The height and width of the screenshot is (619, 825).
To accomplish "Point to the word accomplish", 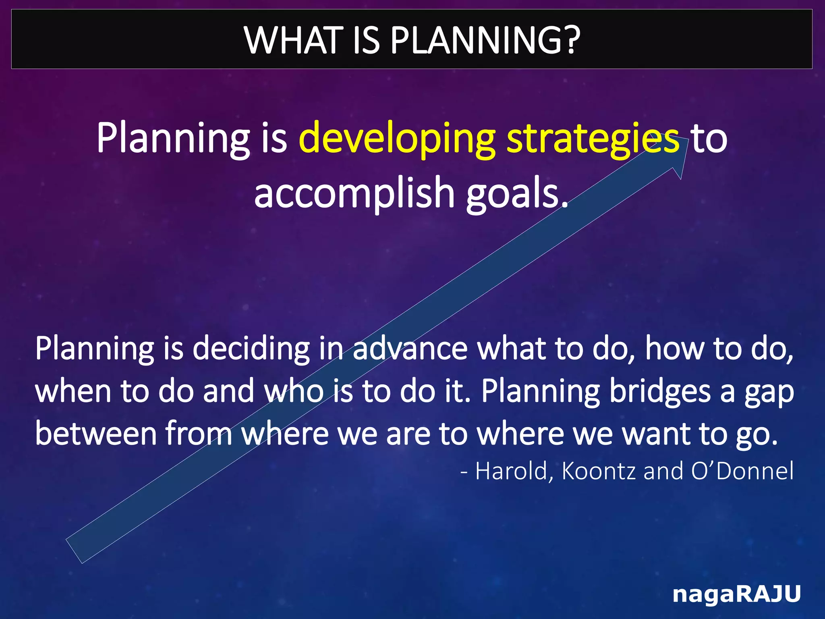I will [354, 193].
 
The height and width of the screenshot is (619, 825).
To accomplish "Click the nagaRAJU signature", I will [736, 594].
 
